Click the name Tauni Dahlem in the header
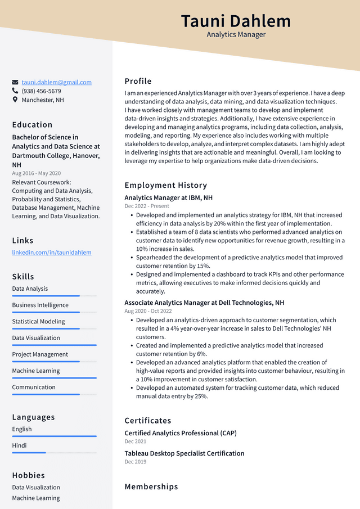click(236, 21)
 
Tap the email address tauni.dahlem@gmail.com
click(56, 82)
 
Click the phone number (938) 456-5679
click(41, 91)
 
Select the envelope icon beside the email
click(15, 82)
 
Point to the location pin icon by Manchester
click(15, 100)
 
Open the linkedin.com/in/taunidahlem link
click(52, 253)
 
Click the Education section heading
click(32, 125)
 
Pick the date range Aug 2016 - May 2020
click(36, 173)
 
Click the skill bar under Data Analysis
click(54, 296)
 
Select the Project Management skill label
click(40, 354)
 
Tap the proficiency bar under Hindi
click(54, 452)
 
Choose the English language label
click(22, 429)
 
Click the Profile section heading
click(138, 81)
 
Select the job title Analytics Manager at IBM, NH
click(168, 198)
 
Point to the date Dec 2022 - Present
click(146, 206)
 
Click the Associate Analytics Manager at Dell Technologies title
click(204, 303)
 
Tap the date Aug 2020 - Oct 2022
click(148, 311)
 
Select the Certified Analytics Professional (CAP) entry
click(180, 433)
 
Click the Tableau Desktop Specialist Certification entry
click(184, 453)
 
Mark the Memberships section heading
click(151, 487)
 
